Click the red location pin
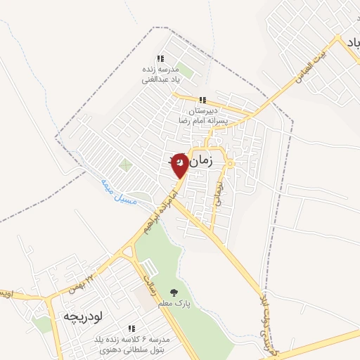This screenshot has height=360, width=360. tap(180, 165)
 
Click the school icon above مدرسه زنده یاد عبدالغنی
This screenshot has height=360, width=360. tap(160, 59)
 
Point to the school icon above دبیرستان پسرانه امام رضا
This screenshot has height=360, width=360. tap(203, 100)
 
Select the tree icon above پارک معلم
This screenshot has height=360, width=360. tap(174, 292)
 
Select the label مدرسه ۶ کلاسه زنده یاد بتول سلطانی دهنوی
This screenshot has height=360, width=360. tap(131, 345)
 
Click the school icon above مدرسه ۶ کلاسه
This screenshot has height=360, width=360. tap(131, 328)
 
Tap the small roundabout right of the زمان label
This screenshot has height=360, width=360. tap(230, 164)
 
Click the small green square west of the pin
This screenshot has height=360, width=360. tap(125, 166)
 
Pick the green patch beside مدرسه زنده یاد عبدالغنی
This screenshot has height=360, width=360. tap(185, 70)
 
